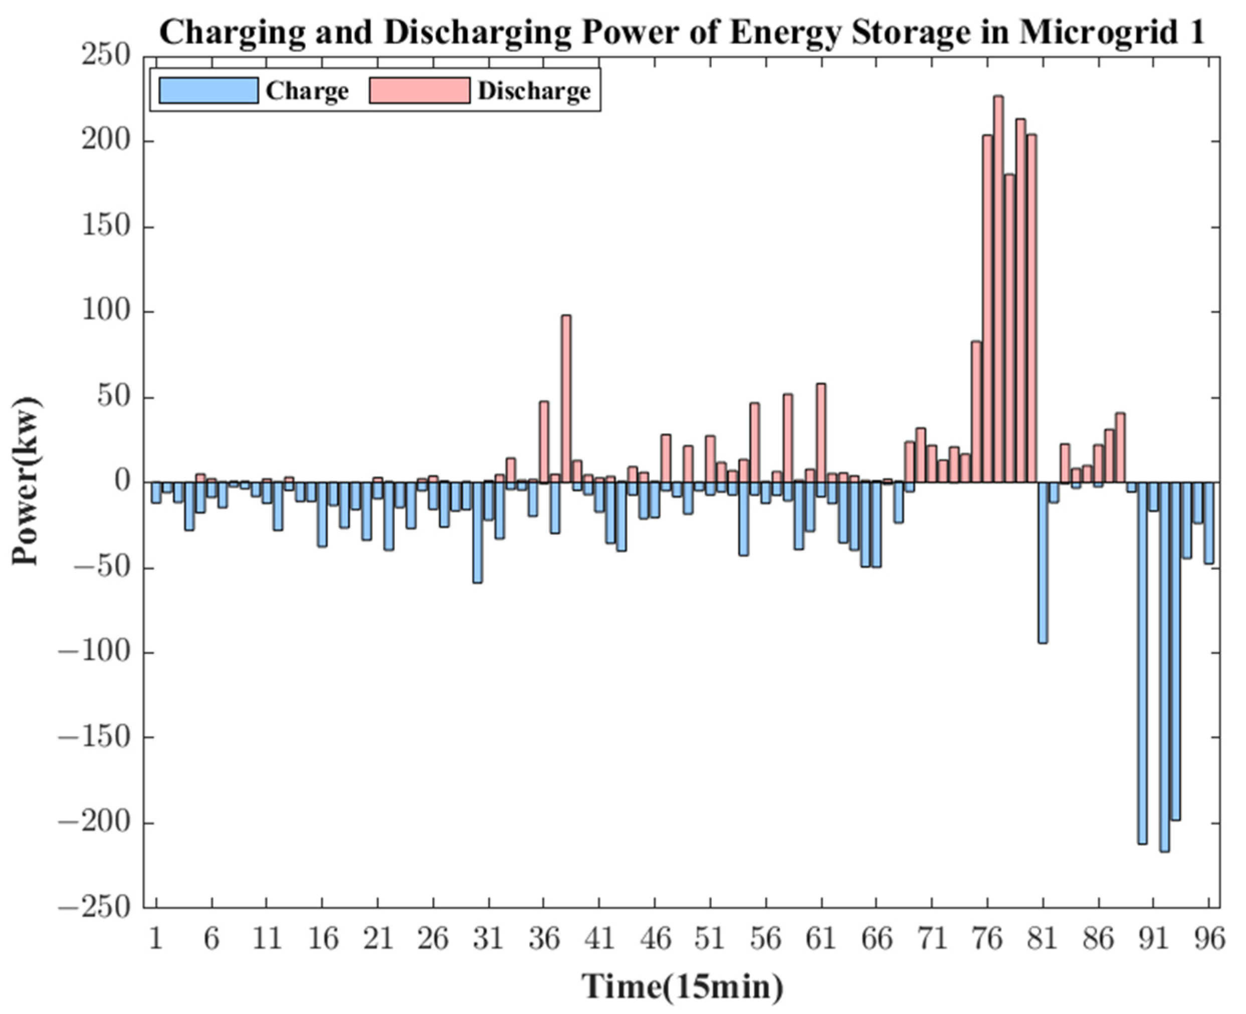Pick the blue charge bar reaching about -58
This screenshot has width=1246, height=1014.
[477, 532]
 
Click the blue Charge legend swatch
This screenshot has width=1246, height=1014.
[209, 91]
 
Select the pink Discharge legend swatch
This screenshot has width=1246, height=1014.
[420, 91]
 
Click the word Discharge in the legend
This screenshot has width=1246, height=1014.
[534, 91]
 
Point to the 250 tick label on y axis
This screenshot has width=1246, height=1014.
[106, 56]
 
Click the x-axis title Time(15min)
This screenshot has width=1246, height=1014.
[682, 986]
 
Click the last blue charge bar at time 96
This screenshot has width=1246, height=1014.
[1208, 522]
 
